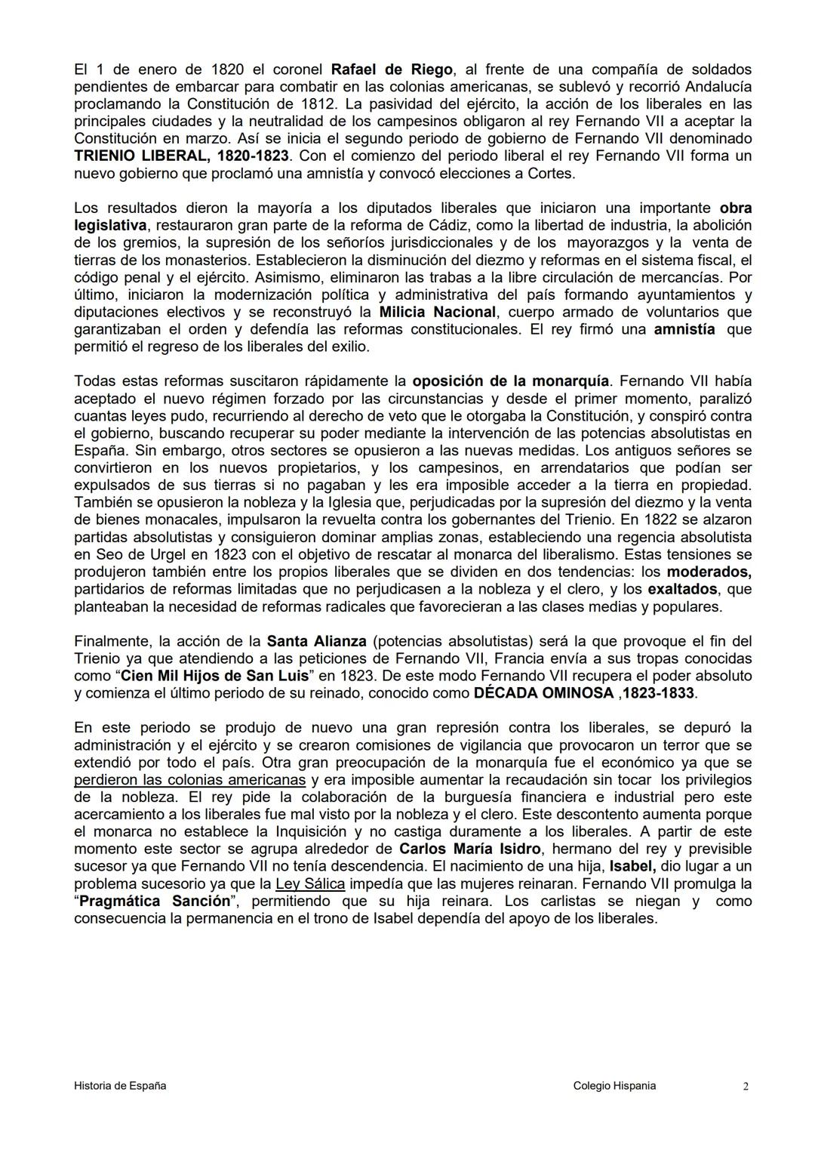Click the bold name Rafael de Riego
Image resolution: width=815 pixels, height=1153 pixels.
(x=392, y=69)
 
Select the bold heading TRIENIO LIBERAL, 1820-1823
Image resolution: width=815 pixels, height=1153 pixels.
(x=181, y=156)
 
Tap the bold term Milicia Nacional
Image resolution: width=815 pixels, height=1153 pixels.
(x=438, y=313)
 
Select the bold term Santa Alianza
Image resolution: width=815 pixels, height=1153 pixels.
(x=317, y=642)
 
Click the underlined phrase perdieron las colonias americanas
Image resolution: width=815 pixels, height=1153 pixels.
(x=190, y=780)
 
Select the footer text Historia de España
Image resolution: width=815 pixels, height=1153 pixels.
(x=120, y=1086)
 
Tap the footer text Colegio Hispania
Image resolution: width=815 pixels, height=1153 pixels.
(x=614, y=1086)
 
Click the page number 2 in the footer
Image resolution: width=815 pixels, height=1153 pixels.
(x=746, y=1087)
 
